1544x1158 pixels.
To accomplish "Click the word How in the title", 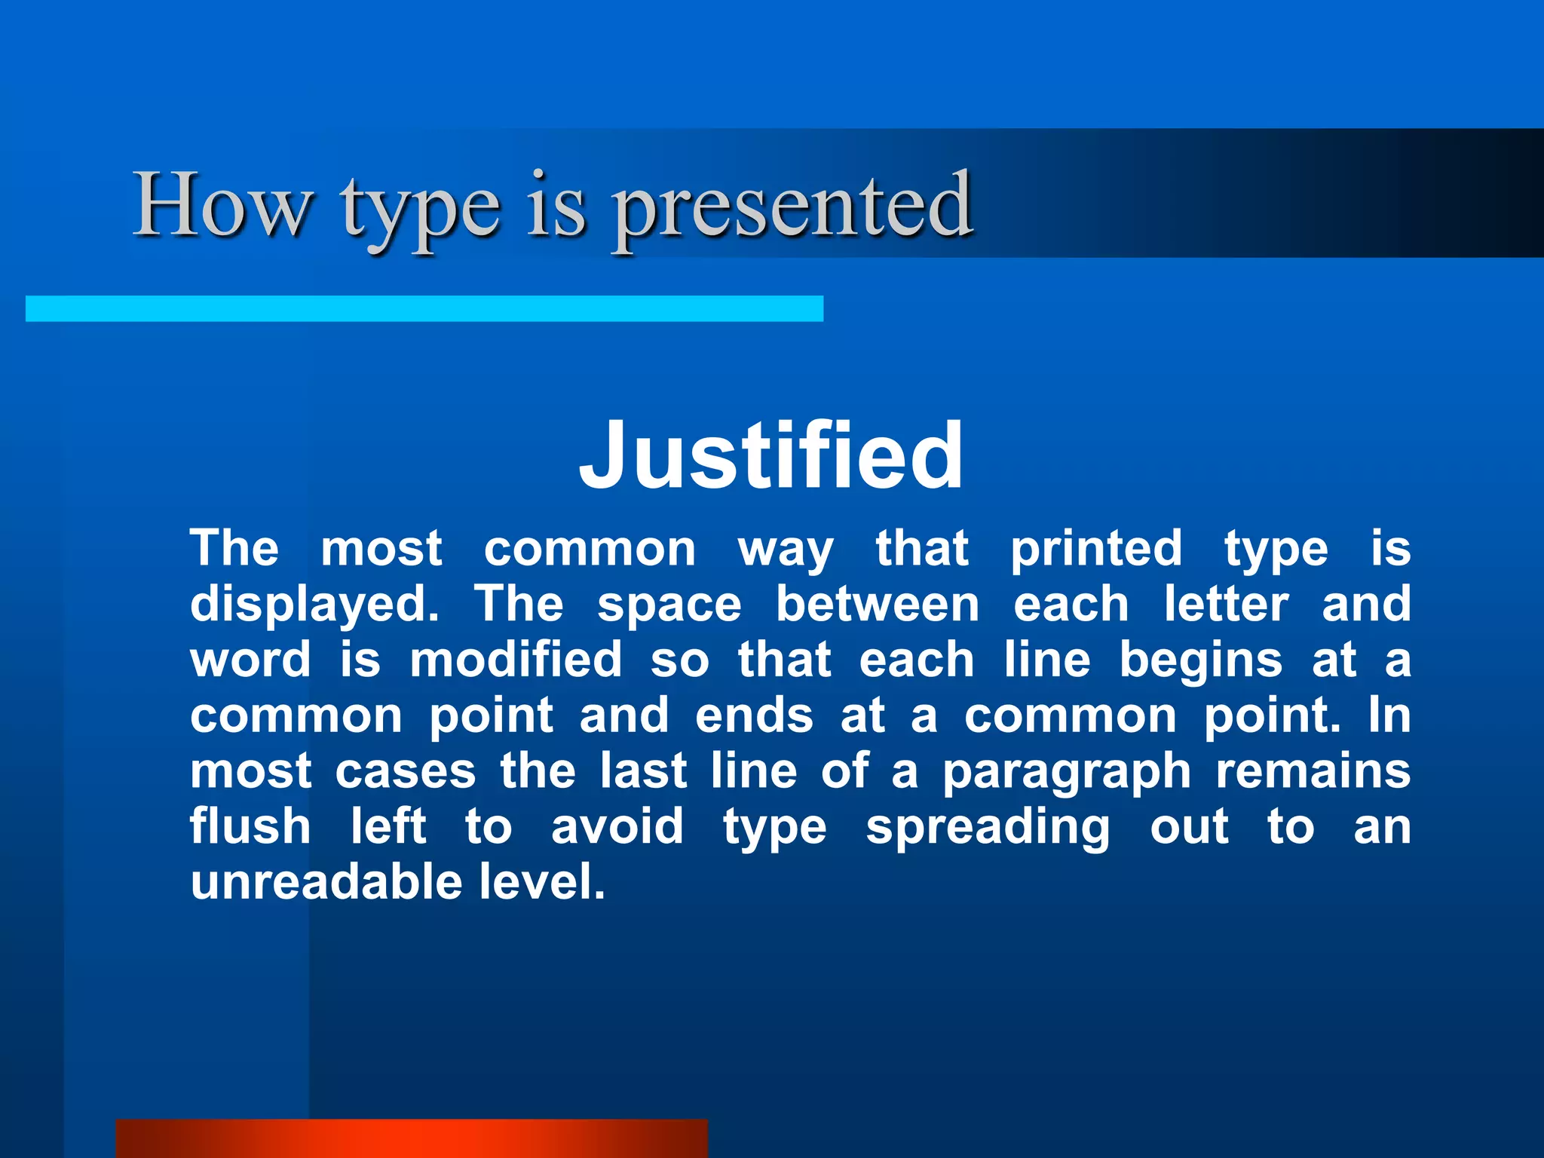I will point(223,205).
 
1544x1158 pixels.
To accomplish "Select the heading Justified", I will point(771,456).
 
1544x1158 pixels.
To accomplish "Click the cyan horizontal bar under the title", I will point(424,308).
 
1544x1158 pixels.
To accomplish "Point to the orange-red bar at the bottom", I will point(412,1138).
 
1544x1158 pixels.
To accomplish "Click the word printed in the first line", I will point(1096,548).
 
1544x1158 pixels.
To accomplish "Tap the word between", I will point(878,605).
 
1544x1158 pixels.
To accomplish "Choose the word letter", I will point(1226,605).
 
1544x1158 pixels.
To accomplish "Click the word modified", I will point(516,660).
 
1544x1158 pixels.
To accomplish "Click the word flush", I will point(250,826).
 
